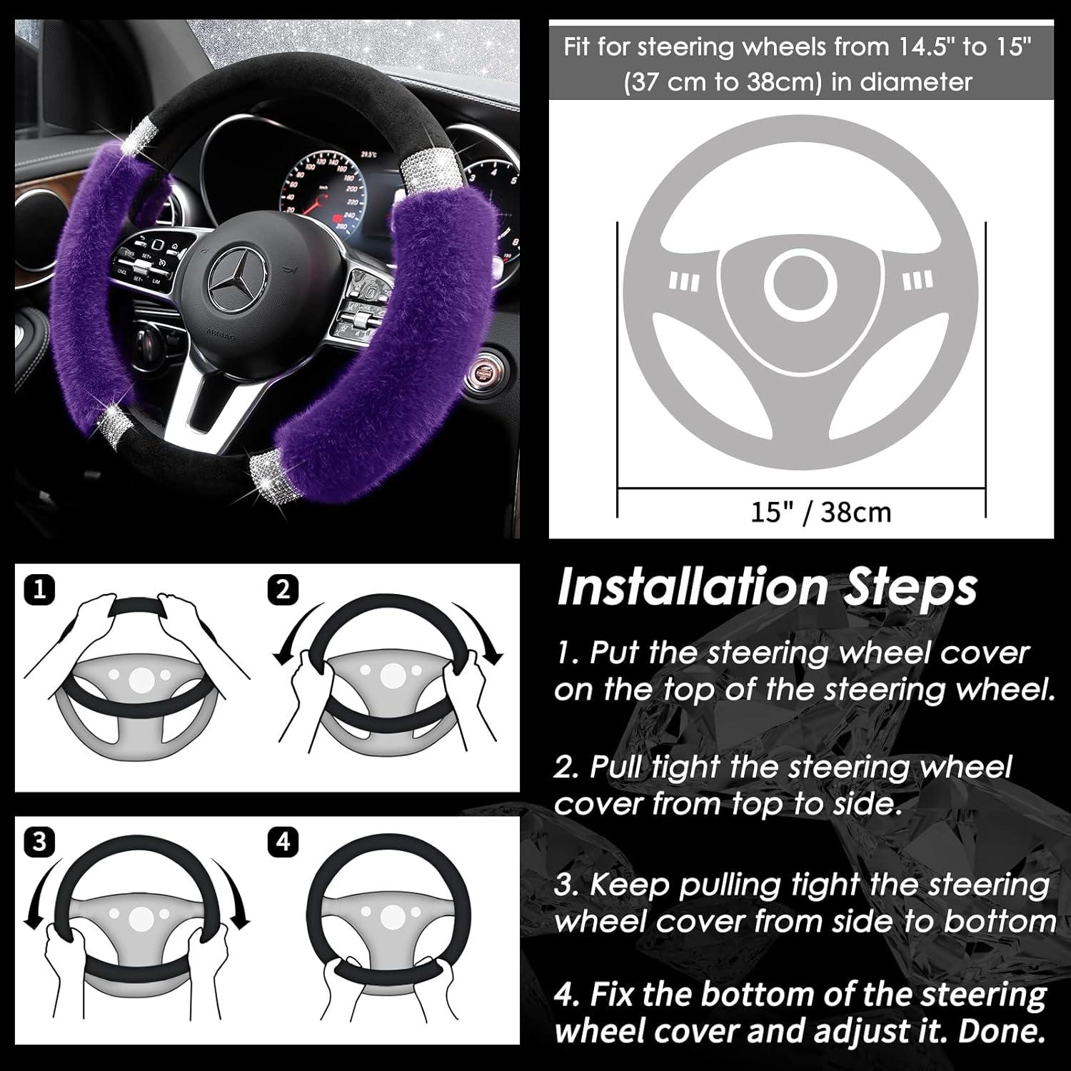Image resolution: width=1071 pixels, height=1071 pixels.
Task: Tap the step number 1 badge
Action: pyautogui.click(x=39, y=590)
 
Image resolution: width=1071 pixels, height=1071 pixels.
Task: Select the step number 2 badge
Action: pyautogui.click(x=283, y=590)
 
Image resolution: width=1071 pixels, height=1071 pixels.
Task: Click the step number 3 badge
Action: pyautogui.click(x=39, y=842)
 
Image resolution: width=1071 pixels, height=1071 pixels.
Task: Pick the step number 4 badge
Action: pyautogui.click(x=283, y=842)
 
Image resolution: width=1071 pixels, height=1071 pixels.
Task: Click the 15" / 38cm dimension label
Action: pyautogui.click(x=820, y=512)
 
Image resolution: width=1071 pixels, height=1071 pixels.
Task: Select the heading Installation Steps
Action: pyautogui.click(x=766, y=588)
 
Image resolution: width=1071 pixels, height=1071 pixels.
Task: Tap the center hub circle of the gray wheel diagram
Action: pyautogui.click(x=800, y=283)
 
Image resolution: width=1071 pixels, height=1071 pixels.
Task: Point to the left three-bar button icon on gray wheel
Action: pyautogui.click(x=683, y=281)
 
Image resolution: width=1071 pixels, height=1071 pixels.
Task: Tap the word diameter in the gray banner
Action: pyautogui.click(x=916, y=82)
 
